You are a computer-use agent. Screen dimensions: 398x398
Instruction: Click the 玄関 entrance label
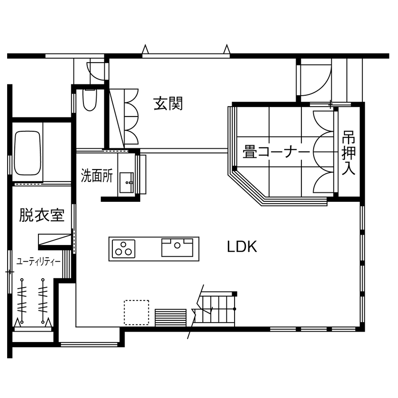point(168,103)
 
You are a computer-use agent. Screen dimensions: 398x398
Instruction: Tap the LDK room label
point(242,246)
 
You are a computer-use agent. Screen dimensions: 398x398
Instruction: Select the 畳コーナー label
point(276,152)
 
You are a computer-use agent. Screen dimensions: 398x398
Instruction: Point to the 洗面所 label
point(97,176)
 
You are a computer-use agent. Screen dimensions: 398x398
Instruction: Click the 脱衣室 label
point(42,216)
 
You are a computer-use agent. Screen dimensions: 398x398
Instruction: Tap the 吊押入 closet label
point(349,153)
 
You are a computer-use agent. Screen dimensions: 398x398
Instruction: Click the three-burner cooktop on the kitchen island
point(123,248)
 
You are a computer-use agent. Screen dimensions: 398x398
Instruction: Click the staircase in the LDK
point(217,308)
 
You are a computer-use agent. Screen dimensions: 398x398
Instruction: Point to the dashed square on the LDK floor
point(136,312)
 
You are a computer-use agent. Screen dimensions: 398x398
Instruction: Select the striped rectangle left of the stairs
point(171,317)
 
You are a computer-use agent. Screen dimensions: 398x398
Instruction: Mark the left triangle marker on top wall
point(146,49)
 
